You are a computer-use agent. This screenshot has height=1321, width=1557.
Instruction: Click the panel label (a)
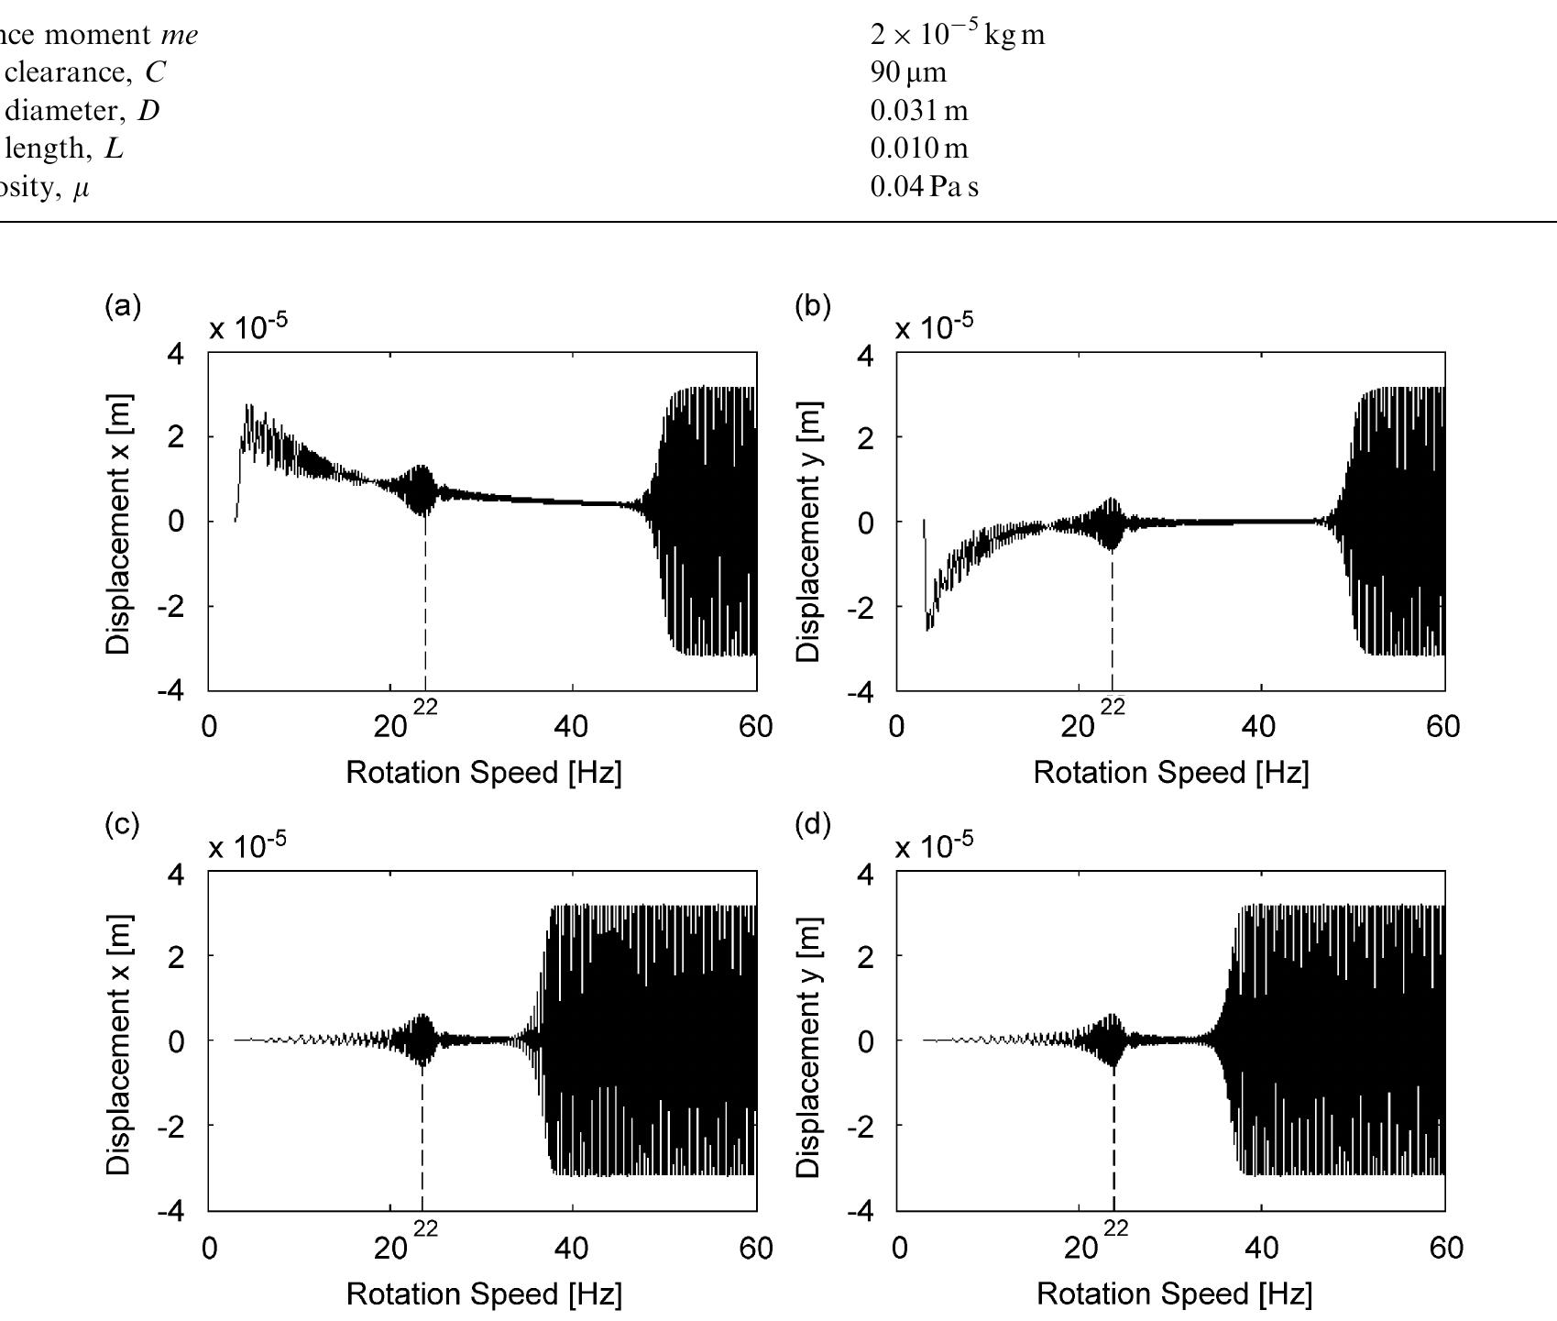click(x=123, y=305)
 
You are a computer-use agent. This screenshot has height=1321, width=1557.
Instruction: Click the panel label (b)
click(x=812, y=305)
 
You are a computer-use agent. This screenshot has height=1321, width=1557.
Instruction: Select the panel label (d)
click(x=812, y=824)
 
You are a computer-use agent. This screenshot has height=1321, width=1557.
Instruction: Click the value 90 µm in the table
click(x=908, y=72)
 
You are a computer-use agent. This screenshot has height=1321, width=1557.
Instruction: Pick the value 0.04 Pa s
click(x=924, y=187)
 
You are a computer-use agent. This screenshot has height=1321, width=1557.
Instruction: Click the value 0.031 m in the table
click(x=918, y=110)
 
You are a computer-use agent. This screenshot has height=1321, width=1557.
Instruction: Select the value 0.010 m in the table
click(x=918, y=149)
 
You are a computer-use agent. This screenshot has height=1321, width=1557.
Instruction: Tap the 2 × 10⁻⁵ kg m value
click(x=957, y=34)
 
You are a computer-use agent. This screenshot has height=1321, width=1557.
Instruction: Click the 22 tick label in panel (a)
click(x=425, y=708)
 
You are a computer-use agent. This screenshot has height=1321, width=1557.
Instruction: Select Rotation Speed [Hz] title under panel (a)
click(x=483, y=772)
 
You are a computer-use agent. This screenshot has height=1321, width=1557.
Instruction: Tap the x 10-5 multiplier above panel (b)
click(x=934, y=327)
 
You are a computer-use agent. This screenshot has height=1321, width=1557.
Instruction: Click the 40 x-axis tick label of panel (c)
click(x=572, y=1249)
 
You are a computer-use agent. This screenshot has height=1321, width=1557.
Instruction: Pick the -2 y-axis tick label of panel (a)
click(x=171, y=607)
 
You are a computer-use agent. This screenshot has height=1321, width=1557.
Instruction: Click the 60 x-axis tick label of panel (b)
click(x=1442, y=727)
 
